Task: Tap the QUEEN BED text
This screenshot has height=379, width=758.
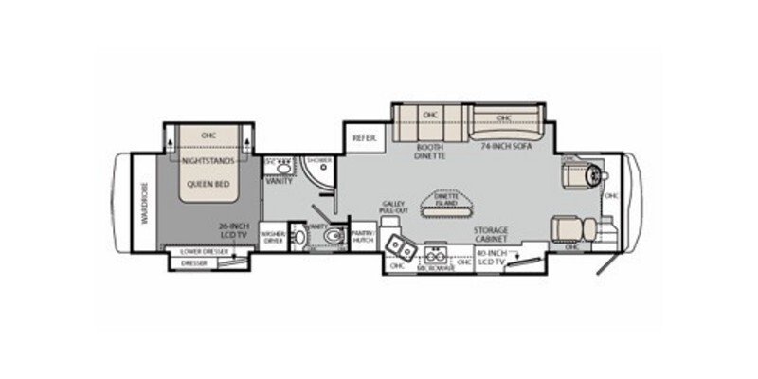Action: coord(208,186)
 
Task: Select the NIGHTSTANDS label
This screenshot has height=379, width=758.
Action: coord(208,162)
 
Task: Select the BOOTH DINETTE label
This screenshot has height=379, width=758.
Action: coord(430,153)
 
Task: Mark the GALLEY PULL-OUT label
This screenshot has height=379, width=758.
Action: coord(396,209)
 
